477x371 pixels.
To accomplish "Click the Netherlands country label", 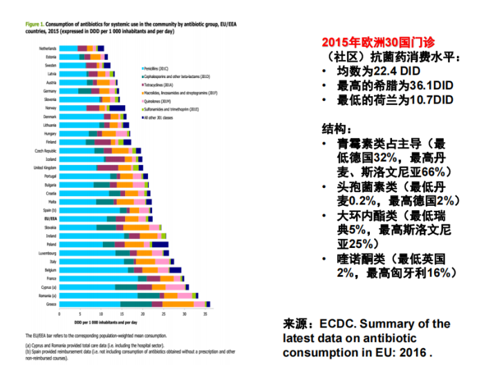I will pyautogui.click(x=48, y=48).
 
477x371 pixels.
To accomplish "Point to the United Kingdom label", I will pyautogui.click(x=46, y=168).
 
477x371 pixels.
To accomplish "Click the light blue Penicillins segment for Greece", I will pyautogui.click(x=90, y=304).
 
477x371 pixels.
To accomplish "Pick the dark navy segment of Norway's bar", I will pyautogui.click(x=117, y=108).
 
